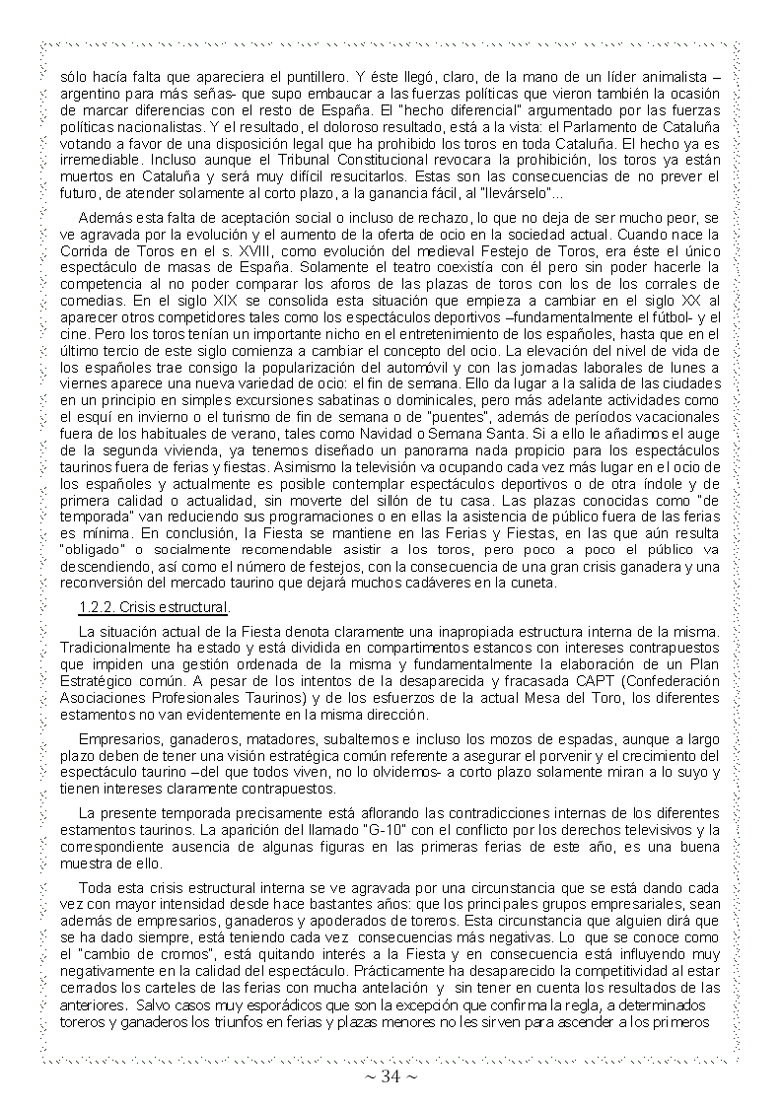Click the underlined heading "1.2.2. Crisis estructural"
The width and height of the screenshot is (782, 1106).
(x=154, y=606)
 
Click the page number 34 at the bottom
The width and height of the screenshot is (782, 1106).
(x=391, y=1076)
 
